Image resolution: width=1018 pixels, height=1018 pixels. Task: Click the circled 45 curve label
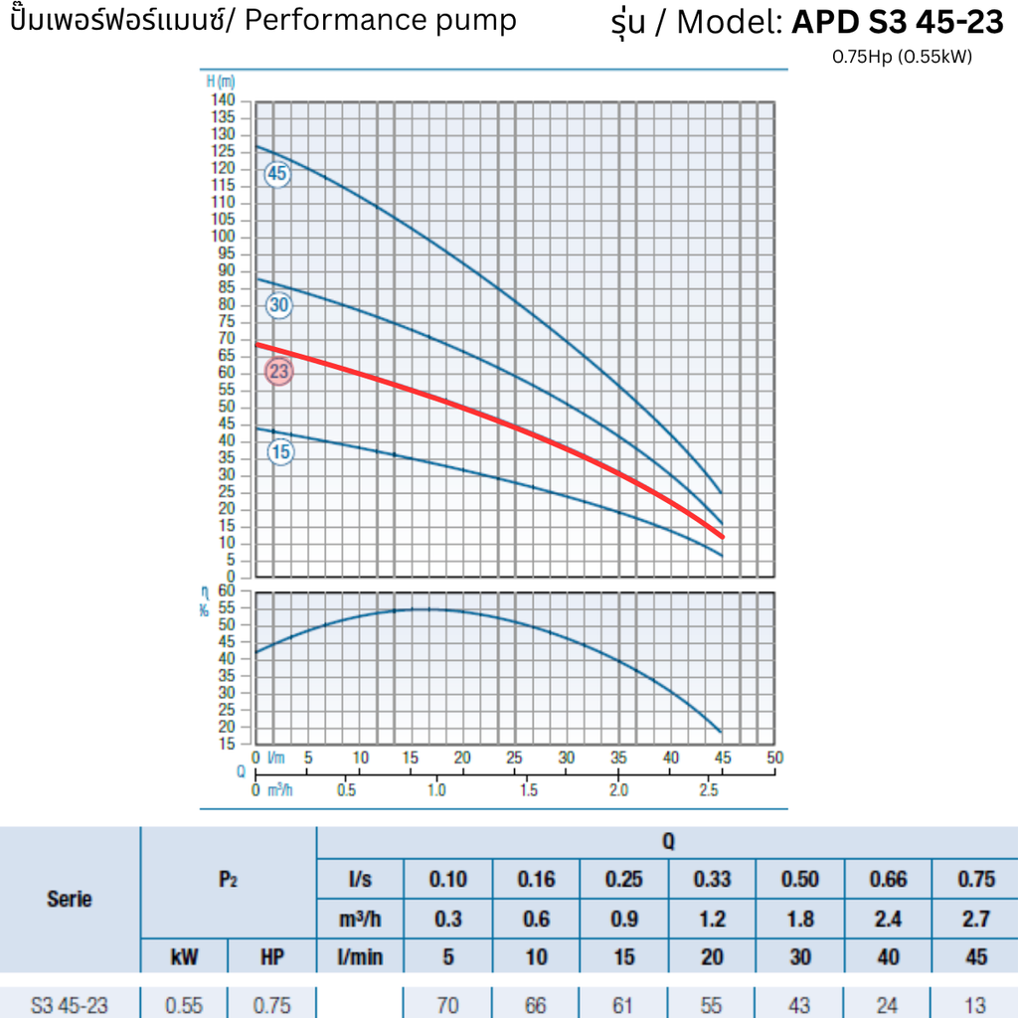click(276, 174)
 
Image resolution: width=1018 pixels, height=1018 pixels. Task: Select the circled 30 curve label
click(278, 306)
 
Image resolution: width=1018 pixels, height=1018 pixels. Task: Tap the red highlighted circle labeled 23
click(279, 373)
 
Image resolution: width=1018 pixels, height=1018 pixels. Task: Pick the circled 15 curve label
click(281, 453)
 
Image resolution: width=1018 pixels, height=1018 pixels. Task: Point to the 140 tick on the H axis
click(223, 100)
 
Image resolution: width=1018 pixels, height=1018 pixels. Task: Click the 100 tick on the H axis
click(223, 237)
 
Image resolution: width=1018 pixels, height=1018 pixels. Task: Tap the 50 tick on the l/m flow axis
click(775, 758)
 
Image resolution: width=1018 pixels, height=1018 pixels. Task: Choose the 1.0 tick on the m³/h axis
click(436, 790)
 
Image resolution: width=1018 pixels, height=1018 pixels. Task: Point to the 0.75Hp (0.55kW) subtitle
click(902, 57)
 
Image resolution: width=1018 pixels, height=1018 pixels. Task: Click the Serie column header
click(70, 899)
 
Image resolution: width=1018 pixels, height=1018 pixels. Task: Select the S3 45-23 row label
click(70, 1005)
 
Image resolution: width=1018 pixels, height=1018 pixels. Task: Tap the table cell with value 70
click(447, 1005)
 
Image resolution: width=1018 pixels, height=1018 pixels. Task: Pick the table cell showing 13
click(975, 1005)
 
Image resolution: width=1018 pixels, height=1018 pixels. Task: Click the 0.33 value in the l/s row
click(711, 879)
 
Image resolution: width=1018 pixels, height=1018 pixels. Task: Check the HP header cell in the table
click(271, 957)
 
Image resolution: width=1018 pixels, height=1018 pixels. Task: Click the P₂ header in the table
click(228, 879)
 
